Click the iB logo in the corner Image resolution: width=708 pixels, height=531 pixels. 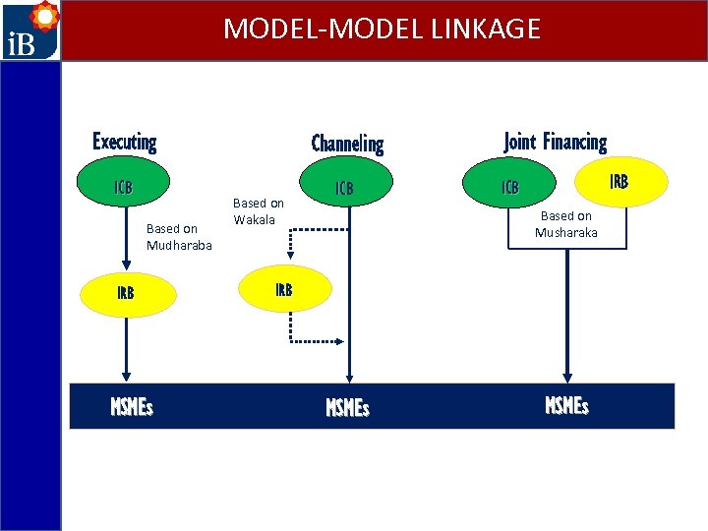coord(29,30)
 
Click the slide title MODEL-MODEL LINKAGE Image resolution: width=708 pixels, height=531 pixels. coord(382,29)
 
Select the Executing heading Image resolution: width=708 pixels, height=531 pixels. coord(125,142)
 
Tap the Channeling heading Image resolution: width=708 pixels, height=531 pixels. coord(347,144)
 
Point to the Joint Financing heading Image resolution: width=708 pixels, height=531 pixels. coord(555,142)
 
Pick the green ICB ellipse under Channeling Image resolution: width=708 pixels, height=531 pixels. coord(344,187)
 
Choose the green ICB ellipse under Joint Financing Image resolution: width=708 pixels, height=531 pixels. coord(510,187)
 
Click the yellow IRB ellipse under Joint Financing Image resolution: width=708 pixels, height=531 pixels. coord(619,181)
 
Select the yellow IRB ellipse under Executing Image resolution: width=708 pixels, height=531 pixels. coord(126,293)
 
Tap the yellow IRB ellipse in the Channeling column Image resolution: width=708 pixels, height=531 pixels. coord(284,290)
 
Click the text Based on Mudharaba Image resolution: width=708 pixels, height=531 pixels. coord(179,237)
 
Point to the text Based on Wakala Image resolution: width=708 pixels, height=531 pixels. coord(258,211)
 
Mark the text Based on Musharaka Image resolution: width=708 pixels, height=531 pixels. coord(565,224)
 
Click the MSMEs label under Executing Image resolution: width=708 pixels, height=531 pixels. coord(132,406)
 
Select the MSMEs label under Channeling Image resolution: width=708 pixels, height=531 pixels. coord(347,407)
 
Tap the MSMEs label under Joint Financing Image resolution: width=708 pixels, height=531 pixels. coord(566,405)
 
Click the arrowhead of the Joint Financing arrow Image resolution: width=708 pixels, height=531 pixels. coord(566,377)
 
